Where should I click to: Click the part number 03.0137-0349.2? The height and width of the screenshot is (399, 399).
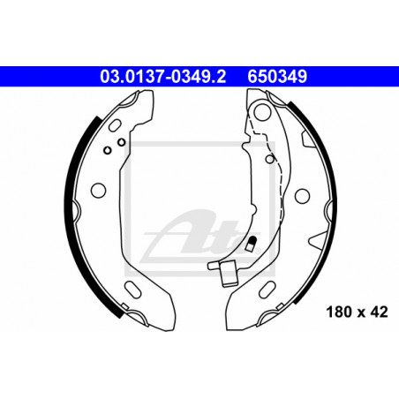[x=163, y=76]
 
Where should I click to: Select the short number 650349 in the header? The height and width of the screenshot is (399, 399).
[x=277, y=76]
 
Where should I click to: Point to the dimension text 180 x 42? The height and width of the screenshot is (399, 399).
[x=357, y=312]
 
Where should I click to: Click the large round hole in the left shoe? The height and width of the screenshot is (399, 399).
[x=98, y=191]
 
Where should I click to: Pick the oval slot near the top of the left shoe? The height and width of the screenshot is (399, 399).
[x=115, y=125]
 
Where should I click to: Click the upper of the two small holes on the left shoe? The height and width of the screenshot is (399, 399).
[x=121, y=142]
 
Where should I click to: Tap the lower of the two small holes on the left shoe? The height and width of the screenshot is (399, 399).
[x=108, y=150]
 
